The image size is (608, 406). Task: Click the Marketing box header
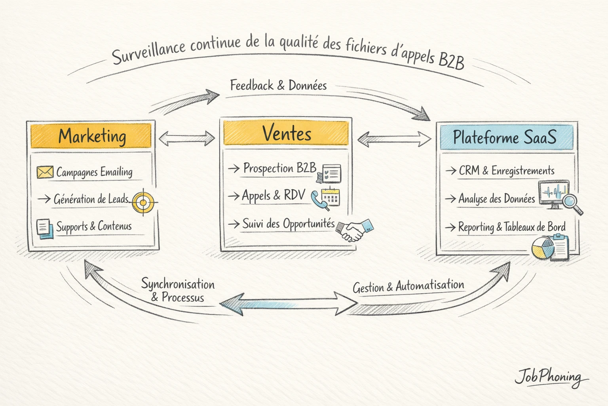pyautogui.click(x=91, y=136)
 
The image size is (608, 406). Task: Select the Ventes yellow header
pyautogui.click(x=286, y=133)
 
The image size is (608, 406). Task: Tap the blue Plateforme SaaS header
pyautogui.click(x=506, y=138)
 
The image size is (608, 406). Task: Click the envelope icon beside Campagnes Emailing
pyautogui.click(x=45, y=172)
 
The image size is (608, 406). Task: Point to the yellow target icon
pyautogui.click(x=143, y=203)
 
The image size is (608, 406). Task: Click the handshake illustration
pyautogui.click(x=354, y=230)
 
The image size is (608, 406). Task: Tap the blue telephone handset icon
pyautogui.click(x=318, y=199)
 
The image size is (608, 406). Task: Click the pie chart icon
pyautogui.click(x=543, y=249)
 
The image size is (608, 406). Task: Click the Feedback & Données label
pyautogui.click(x=278, y=86)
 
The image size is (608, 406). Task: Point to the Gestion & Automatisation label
pyautogui.click(x=408, y=286)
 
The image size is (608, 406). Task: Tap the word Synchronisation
pyautogui.click(x=178, y=284)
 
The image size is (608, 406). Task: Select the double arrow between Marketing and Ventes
pyautogui.click(x=186, y=138)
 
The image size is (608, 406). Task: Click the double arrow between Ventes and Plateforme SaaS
pyautogui.click(x=394, y=139)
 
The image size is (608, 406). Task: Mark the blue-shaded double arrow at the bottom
pyautogui.click(x=288, y=304)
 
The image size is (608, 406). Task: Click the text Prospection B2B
pyautogui.click(x=279, y=168)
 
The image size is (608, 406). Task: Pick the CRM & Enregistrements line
pyautogui.click(x=506, y=171)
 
